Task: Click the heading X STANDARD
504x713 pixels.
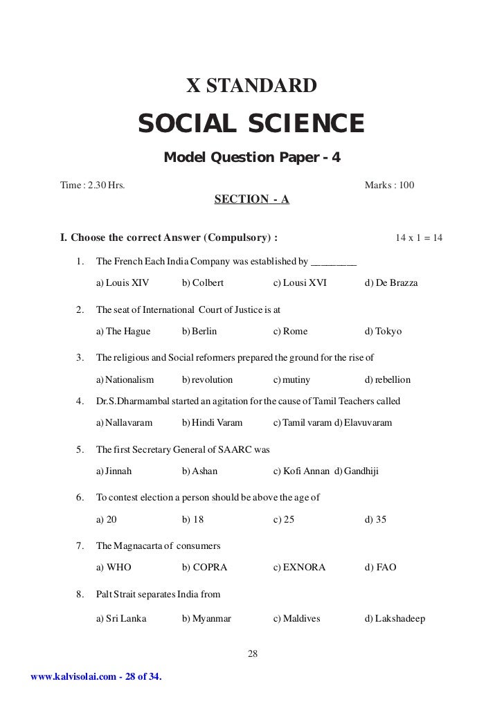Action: pos(252,87)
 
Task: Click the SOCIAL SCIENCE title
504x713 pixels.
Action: pos(251,124)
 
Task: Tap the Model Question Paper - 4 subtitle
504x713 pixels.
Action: pos(252,158)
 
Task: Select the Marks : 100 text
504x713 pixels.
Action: pos(389,186)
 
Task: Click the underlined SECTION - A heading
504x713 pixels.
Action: pos(252,200)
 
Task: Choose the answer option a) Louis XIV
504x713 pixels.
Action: pos(123,283)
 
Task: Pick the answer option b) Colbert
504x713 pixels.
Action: pos(203,283)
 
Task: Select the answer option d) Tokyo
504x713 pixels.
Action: pos(383,332)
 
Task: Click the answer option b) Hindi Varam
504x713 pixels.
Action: pos(210,422)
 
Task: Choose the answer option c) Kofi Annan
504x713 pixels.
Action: pos(302,471)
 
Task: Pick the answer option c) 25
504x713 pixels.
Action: pos(284,519)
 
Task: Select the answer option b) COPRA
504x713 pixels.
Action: pos(205,568)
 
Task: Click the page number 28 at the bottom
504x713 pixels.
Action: pos(252,653)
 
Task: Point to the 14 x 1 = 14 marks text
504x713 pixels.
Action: pos(419,238)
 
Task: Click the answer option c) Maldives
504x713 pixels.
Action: pos(297,618)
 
